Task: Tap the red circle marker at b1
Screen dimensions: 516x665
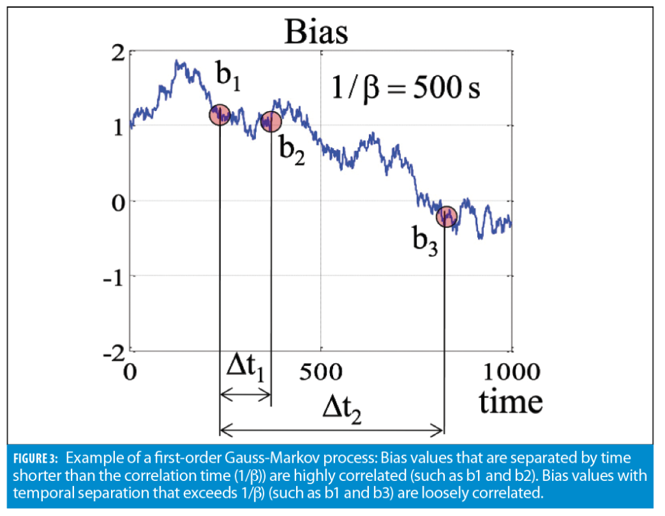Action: [x=220, y=115]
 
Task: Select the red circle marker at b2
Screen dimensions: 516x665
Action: [x=271, y=121]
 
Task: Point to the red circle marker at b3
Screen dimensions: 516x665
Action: [x=446, y=216]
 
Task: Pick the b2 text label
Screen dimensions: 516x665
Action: [x=292, y=151]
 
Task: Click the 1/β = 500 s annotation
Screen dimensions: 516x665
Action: [x=406, y=88]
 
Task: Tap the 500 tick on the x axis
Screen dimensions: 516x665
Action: [x=320, y=372]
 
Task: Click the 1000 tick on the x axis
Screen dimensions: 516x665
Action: [x=511, y=372]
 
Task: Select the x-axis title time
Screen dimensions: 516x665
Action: [x=510, y=402]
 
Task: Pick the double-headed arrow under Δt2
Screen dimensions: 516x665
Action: [x=332, y=429]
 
